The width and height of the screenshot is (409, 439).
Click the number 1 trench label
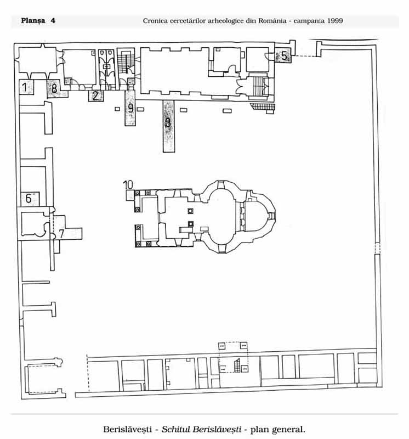point(25,87)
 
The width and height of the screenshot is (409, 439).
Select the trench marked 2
point(96,95)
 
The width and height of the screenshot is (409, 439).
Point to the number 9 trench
point(130,108)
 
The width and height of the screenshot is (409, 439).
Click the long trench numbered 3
point(169,126)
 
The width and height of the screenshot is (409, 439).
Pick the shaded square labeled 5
point(283,55)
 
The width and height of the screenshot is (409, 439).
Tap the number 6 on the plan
point(29,198)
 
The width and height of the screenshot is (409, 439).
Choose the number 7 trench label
point(61,234)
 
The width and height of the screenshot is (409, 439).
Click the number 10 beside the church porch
point(128,185)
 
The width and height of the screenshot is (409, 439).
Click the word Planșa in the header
point(33,21)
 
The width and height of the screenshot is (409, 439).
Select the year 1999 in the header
point(335,21)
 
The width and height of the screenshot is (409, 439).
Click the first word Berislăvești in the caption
point(128,429)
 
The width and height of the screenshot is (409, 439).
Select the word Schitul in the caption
point(175,429)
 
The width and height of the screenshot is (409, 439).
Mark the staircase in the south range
point(237,365)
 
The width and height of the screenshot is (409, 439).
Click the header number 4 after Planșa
point(53,21)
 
